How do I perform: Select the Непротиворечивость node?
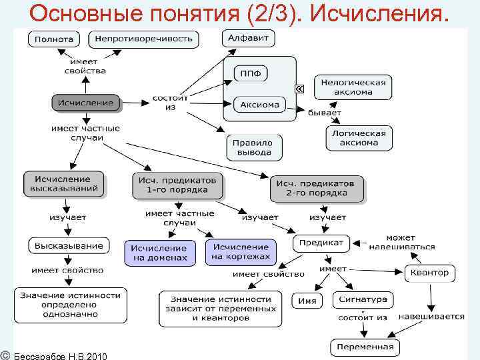pos(144,39)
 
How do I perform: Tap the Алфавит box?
pos(248,39)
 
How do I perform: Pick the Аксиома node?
pos(259,105)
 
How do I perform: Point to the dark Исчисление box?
pos(87,103)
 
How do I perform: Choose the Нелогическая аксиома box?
pos(353,87)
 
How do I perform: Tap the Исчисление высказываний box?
pos(65,184)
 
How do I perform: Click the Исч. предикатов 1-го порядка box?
pos(177,185)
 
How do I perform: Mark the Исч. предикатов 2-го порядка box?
pos(317,188)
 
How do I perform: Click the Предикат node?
pos(321,243)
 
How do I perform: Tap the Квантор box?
pos(429,273)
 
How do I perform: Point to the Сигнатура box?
pos(363,300)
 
